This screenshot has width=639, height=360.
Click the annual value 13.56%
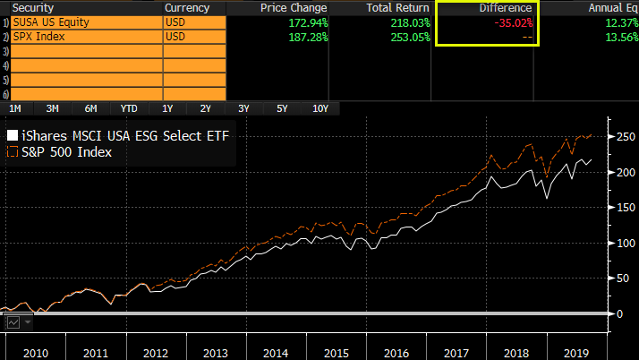(x=618, y=37)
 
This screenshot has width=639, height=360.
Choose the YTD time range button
(x=129, y=108)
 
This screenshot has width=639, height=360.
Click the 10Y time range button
(x=320, y=108)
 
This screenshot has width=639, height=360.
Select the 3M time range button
(x=53, y=108)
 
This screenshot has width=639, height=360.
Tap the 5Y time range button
(x=282, y=108)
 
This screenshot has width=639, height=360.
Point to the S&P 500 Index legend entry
(x=68, y=152)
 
